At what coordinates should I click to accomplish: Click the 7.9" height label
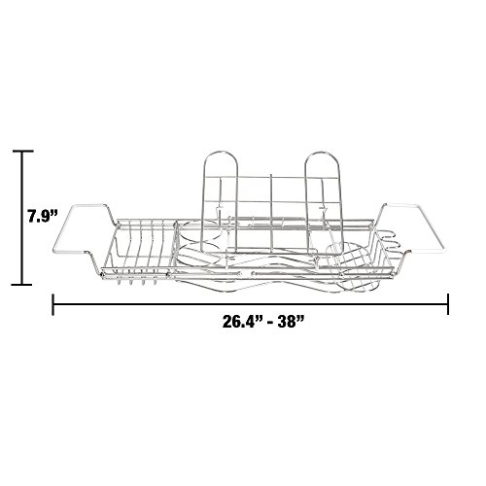coord(43,216)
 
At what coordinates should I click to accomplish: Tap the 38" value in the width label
coord(289,322)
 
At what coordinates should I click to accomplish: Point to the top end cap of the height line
coord(22,151)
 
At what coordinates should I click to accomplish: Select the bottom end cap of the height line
coord(22,285)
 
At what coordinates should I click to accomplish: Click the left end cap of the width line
coord(53,304)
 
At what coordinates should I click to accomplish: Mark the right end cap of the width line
coord(448,304)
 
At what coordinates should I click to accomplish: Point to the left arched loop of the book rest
coord(221,152)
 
